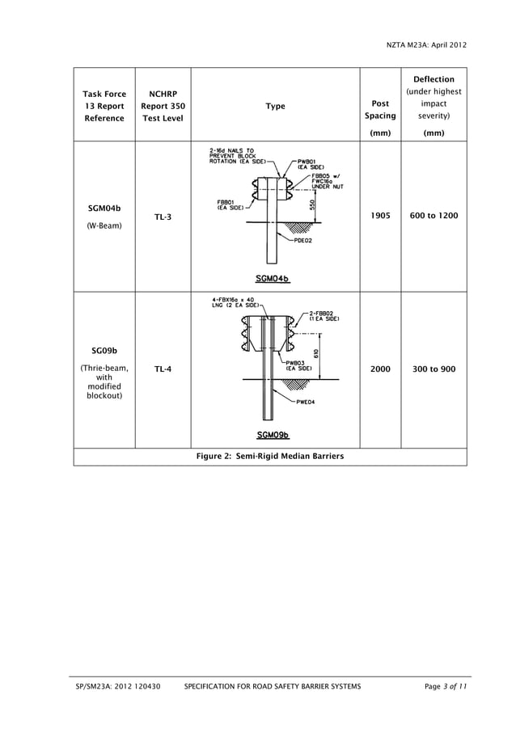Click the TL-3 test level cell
coord(163,217)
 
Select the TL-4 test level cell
coord(163,369)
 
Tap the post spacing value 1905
coord(380,217)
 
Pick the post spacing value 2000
coord(380,369)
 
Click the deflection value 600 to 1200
coord(434,217)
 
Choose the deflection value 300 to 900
coord(434,369)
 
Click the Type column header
coord(275,106)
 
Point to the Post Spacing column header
coord(380,110)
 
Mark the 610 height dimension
coord(316,354)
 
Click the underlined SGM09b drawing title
coord(273,436)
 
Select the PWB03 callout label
coord(296,363)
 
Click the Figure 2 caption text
coord(270,457)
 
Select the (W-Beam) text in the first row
coord(104,225)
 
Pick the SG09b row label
coord(104,351)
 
